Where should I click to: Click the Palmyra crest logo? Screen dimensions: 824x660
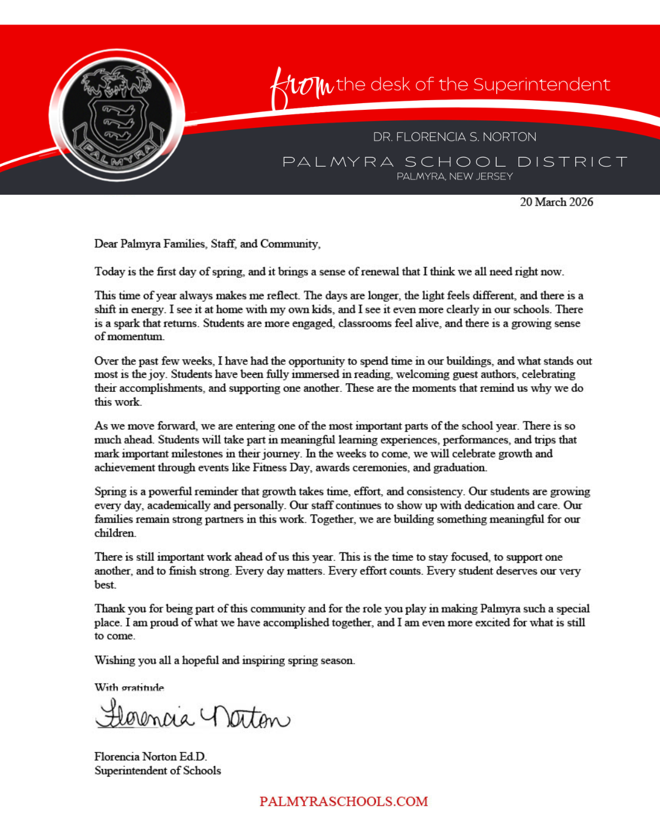coord(117,115)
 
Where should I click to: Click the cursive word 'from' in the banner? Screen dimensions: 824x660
coord(301,87)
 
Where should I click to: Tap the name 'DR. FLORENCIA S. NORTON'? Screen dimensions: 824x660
coord(455,137)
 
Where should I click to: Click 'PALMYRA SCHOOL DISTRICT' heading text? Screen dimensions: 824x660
coord(455,162)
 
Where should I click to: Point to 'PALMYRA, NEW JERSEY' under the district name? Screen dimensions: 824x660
coord(455,176)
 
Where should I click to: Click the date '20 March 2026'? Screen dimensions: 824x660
coord(556,202)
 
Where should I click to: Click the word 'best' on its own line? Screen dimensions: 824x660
coord(105,585)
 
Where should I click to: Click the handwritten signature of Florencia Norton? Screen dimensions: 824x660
coord(193,715)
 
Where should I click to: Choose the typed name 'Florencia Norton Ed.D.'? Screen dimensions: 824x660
coord(150,757)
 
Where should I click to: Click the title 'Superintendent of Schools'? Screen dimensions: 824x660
coord(158,771)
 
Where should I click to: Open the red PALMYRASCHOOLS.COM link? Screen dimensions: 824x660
coord(343,801)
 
